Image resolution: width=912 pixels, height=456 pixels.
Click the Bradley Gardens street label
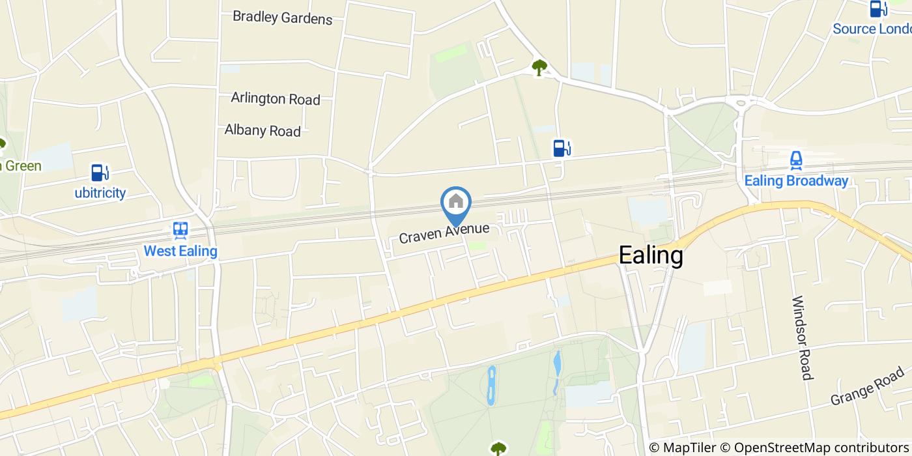pyautogui.click(x=282, y=18)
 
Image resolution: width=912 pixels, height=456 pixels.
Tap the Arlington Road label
pyautogui.click(x=275, y=98)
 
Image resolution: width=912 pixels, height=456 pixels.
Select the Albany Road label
pyautogui.click(x=263, y=130)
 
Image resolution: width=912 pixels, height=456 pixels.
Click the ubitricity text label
pyautogui.click(x=100, y=193)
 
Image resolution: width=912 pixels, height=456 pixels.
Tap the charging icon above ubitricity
pyautogui.click(x=100, y=173)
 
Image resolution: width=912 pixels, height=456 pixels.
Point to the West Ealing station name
pyautogui.click(x=180, y=251)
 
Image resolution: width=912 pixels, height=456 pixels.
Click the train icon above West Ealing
pyautogui.click(x=180, y=230)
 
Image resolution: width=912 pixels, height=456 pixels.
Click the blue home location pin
pyautogui.click(x=456, y=203)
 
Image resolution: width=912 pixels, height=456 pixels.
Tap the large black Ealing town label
pyautogui.click(x=651, y=255)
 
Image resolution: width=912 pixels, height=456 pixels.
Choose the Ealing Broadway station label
pyautogui.click(x=796, y=181)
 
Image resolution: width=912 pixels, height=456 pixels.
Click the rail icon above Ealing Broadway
pyautogui.click(x=795, y=160)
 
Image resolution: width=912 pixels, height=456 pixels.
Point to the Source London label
pyautogui.click(x=872, y=29)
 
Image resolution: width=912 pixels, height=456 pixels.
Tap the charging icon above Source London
pyautogui.click(x=878, y=8)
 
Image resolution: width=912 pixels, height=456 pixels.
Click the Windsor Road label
pyautogui.click(x=803, y=338)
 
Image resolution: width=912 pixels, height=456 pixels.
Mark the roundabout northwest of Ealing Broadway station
pyautogui.click(x=740, y=102)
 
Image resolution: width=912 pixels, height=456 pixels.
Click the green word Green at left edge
pyautogui.click(x=21, y=165)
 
